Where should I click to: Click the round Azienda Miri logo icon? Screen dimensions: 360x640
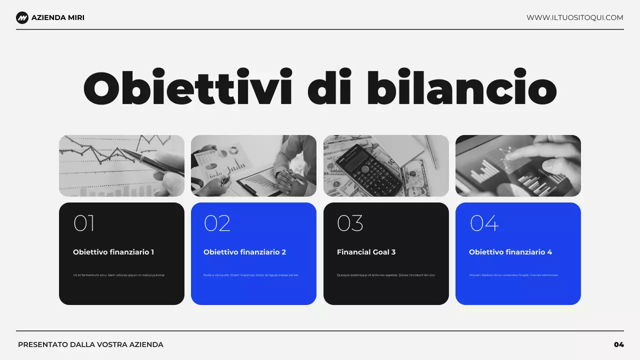tap(22, 18)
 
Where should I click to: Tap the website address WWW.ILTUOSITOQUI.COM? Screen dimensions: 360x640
tap(574, 18)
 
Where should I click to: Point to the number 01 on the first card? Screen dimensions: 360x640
tap(84, 223)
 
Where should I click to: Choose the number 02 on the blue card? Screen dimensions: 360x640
tap(217, 223)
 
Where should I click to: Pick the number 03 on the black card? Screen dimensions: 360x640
tap(350, 223)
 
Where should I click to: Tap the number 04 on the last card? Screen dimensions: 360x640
tap(484, 223)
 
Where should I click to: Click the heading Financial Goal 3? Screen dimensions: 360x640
tap(366, 252)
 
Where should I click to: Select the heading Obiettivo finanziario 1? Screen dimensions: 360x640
tap(113, 252)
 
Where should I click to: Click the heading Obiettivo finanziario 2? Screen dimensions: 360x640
tap(244, 252)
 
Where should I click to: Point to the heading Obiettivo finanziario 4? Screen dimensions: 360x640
tap(510, 252)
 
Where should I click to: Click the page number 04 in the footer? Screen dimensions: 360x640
tap(619, 344)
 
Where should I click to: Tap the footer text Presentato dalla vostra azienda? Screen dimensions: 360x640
tap(90, 344)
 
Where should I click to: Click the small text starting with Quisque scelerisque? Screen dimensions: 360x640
tap(386, 275)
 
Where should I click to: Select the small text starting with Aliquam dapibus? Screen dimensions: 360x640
tap(513, 275)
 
